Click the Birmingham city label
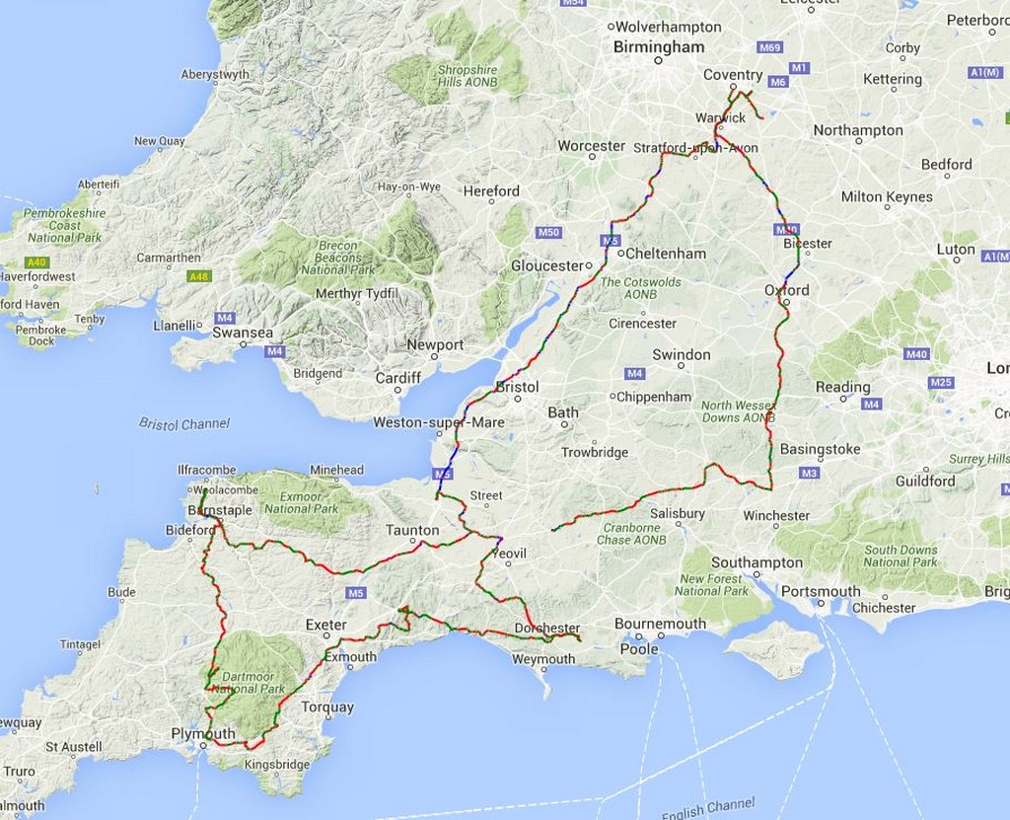click(x=659, y=47)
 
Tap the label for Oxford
click(x=786, y=290)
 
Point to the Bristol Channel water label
click(x=184, y=424)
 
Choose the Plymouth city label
click(x=203, y=733)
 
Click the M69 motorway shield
click(x=770, y=47)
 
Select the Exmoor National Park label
click(x=303, y=502)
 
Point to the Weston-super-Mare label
click(x=439, y=422)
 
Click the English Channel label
click(x=708, y=808)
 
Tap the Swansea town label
click(x=243, y=333)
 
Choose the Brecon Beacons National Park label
click(x=338, y=258)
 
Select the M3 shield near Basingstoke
click(x=810, y=474)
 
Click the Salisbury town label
click(x=678, y=513)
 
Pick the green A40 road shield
click(x=36, y=262)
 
